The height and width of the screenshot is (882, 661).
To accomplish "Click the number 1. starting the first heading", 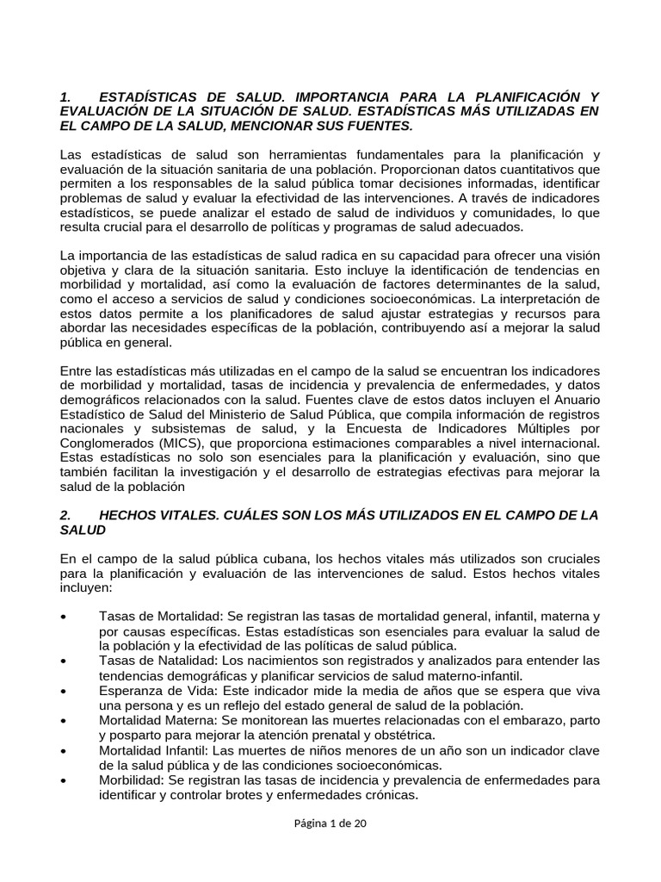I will point(65,96).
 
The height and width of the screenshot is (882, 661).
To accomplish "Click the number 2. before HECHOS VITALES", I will point(65,515).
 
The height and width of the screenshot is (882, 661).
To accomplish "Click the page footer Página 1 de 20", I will point(330,823).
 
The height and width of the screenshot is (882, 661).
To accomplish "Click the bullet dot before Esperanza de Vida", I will point(66,691).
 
